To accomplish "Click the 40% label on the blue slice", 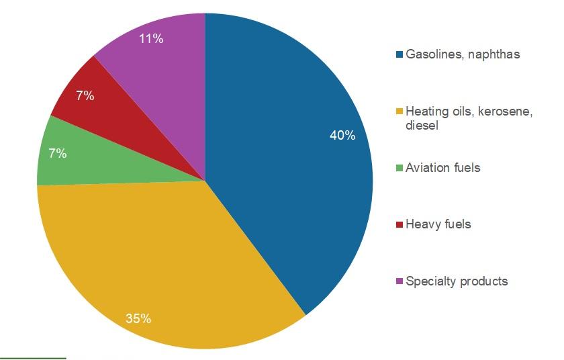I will pos(342,135).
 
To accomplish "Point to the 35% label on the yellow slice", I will pos(138,318).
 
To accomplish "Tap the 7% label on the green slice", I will pos(58,153).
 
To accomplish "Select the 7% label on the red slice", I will pos(85,95).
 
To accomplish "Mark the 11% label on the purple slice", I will pos(150,38).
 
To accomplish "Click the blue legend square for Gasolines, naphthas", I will pos(399,54).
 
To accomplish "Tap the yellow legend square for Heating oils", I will pos(399,112).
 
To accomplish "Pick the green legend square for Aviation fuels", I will pos(399,168).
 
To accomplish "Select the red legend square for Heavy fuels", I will pos(399,224).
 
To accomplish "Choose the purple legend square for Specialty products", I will pos(399,281).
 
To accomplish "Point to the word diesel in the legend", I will pos(422,126).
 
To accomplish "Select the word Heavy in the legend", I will pos(422,224).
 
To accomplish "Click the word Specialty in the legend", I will pos(430,281).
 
